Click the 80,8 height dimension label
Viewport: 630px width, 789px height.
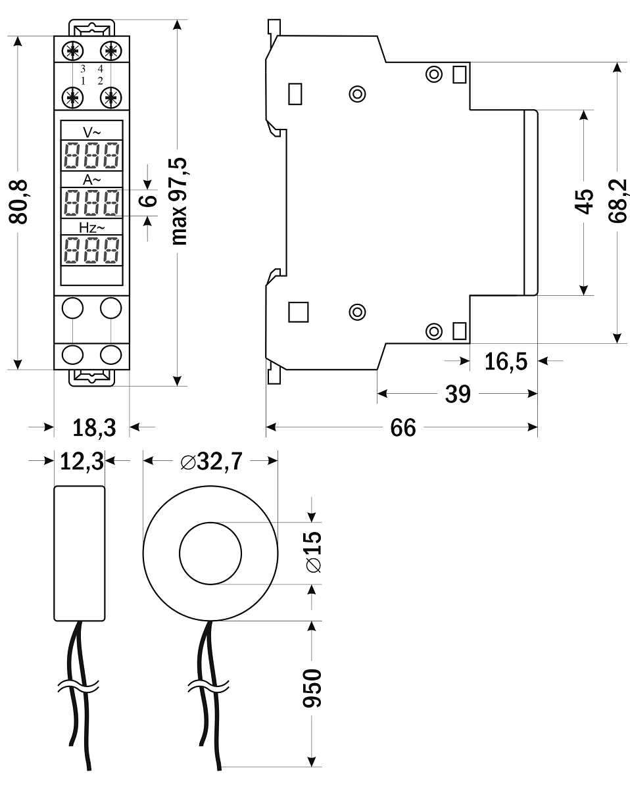click(x=22, y=201)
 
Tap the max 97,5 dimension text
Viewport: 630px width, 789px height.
click(x=179, y=201)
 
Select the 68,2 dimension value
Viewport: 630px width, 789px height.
click(x=618, y=201)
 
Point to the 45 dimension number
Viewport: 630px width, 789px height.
click(x=583, y=201)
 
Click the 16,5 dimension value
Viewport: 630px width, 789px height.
click(x=506, y=361)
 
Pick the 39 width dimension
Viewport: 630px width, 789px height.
click(x=458, y=394)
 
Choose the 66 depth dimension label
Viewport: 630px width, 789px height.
click(x=402, y=428)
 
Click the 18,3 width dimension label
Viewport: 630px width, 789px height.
click(x=93, y=428)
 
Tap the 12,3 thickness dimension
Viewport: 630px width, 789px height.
click(x=82, y=462)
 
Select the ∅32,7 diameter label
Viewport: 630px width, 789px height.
click(x=210, y=462)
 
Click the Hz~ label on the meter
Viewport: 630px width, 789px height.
click(x=91, y=227)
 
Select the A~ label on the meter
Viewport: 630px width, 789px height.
click(x=92, y=179)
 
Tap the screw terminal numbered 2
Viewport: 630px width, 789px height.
click(x=110, y=97)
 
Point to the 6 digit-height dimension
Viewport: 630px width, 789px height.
click(x=149, y=198)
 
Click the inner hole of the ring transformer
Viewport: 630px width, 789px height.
click(x=210, y=552)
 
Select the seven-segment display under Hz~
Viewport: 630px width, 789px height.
click(x=92, y=251)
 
